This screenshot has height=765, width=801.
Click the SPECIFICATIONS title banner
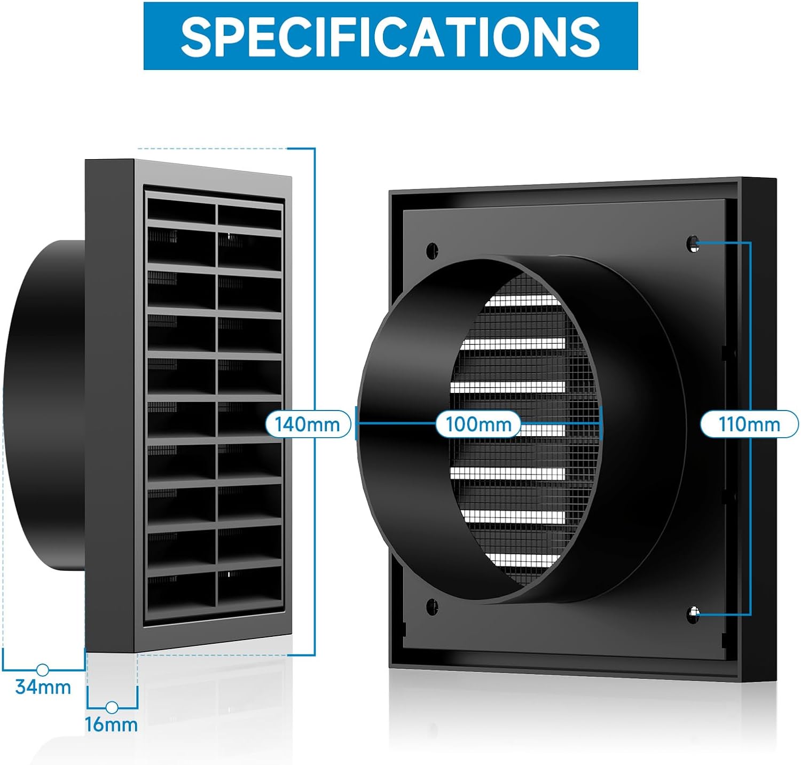coord(390,36)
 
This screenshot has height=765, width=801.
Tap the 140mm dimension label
coord(308,424)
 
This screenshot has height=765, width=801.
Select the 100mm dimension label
coord(478,424)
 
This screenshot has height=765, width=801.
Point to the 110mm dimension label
coord(749,424)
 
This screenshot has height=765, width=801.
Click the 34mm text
coord(43,687)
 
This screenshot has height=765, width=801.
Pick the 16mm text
coord(111,724)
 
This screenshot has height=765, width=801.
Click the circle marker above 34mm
coord(43,669)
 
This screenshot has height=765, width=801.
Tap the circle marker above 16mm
coord(112,707)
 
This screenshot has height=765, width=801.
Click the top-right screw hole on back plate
coord(693,243)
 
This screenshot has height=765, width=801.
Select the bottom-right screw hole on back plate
coord(694,614)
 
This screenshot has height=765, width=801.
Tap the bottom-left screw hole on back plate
coord(432,606)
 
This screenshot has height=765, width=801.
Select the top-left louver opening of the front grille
coord(181,210)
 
